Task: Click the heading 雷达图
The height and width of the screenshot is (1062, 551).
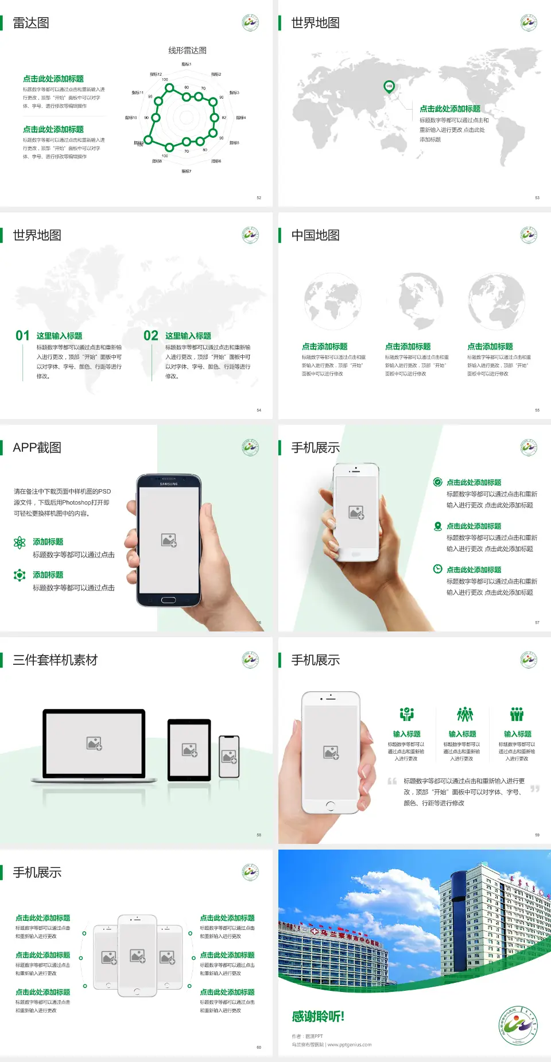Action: pyautogui.click(x=31, y=23)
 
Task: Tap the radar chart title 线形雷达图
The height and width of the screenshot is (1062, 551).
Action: pyautogui.click(x=187, y=51)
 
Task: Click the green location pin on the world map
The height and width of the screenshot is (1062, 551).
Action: pyautogui.click(x=389, y=87)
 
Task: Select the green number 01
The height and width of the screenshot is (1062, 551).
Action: pyautogui.click(x=22, y=336)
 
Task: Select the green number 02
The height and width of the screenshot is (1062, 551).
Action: pyautogui.click(x=151, y=336)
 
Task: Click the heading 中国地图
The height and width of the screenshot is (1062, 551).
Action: pyautogui.click(x=315, y=235)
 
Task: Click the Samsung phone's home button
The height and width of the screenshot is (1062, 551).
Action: pyautogui.click(x=168, y=600)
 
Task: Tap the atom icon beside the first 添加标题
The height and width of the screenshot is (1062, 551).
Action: pyautogui.click(x=20, y=542)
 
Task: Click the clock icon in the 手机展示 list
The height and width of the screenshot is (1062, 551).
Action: pyautogui.click(x=437, y=569)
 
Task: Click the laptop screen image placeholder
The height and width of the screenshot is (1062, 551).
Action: pyautogui.click(x=94, y=743)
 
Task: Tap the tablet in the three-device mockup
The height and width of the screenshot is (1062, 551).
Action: pyautogui.click(x=189, y=749)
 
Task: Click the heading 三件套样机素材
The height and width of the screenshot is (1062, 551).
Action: pyautogui.click(x=55, y=660)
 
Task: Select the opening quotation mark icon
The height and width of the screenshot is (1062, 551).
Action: pyautogui.click(x=392, y=781)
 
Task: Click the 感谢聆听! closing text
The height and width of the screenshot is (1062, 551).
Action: pyautogui.click(x=318, y=1017)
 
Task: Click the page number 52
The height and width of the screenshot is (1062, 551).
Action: pyautogui.click(x=259, y=197)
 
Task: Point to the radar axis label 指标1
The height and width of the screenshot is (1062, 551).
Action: pyautogui.click(x=187, y=64)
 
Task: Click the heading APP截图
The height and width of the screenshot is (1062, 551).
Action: pyautogui.click(x=37, y=448)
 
